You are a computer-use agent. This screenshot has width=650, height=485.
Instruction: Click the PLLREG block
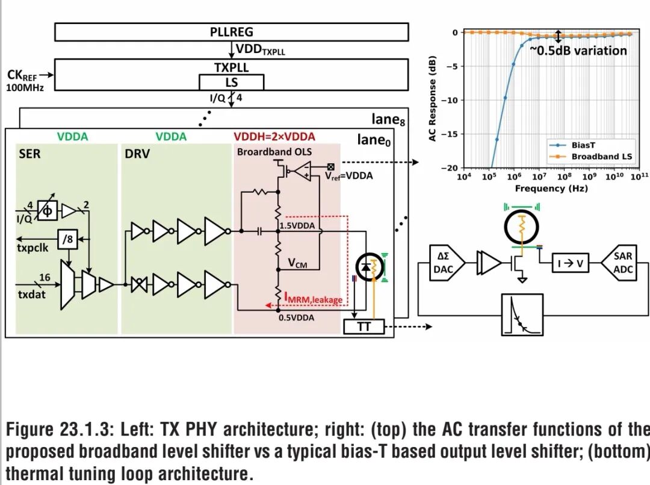tap(231, 32)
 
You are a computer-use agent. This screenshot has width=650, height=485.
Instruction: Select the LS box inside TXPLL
tap(231, 82)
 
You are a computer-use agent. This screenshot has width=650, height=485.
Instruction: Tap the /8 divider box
tap(67, 239)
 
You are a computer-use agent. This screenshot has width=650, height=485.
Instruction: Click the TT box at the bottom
tap(364, 327)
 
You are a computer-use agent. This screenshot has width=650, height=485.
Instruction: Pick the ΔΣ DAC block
tap(444, 263)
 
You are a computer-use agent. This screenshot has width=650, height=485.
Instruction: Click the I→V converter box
tap(571, 263)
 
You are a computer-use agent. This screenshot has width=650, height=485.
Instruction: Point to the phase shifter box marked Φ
tap(48, 211)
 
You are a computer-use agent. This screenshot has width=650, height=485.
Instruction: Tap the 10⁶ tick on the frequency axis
tap(513, 177)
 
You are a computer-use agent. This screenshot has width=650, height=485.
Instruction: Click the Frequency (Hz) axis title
tap(551, 189)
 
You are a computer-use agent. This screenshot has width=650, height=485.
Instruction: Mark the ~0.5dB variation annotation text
tap(578, 51)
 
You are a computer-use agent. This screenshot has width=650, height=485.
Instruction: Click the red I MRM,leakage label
tap(314, 298)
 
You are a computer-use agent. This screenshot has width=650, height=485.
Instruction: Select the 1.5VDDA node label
tap(297, 226)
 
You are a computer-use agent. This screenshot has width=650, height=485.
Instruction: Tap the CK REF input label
tap(22, 75)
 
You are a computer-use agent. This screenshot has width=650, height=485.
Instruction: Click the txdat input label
tap(31, 295)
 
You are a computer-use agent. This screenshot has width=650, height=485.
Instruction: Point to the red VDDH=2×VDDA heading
tap(274, 137)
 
